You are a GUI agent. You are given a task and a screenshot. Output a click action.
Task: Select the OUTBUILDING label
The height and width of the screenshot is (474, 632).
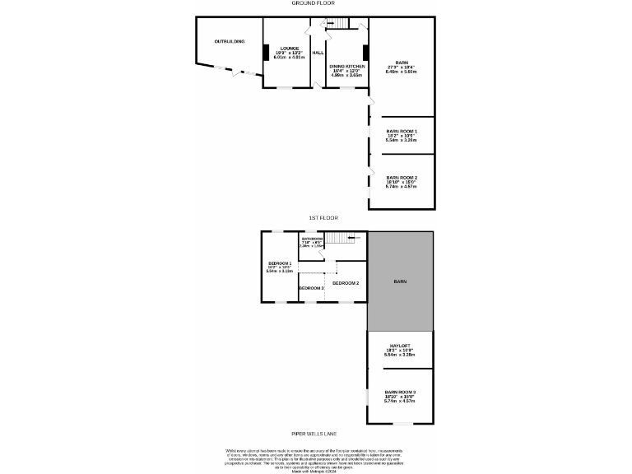point(229,40)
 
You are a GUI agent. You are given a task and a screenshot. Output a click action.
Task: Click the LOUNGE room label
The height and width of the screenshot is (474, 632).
point(288,48)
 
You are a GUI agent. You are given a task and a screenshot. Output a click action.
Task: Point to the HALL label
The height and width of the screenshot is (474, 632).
point(317,52)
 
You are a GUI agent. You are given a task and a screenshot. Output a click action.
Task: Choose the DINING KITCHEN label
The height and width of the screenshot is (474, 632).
point(346,66)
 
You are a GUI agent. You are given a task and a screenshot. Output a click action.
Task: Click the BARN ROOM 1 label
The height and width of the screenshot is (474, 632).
point(402,131)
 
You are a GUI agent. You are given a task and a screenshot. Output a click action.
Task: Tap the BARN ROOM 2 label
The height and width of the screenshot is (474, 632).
point(402,178)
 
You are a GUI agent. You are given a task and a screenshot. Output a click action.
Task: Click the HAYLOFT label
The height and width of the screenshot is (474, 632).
point(401,346)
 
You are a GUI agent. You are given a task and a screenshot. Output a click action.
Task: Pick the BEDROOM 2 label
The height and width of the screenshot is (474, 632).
point(346,283)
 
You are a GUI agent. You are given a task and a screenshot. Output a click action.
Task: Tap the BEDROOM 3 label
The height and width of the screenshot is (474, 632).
point(311,288)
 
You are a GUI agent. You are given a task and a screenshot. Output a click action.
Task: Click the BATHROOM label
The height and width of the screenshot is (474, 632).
point(312,239)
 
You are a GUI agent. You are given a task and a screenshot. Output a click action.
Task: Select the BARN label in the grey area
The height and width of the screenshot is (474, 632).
point(400,281)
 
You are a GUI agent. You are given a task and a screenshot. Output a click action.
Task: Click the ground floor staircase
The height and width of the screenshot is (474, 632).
point(338,23)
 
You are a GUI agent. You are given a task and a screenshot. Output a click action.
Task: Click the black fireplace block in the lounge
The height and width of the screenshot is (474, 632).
point(265,52)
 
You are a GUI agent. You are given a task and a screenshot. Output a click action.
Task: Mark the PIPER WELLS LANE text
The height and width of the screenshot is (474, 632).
point(314,434)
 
